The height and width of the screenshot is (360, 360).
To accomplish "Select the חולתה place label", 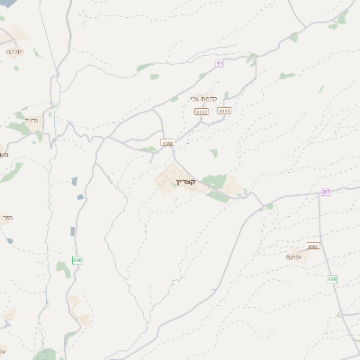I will [x=15, y=52].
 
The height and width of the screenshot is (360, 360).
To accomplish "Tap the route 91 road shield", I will [x=220, y=62].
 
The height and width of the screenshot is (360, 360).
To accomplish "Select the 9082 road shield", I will [x=202, y=111].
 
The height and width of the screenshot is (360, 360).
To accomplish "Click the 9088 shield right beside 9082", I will [x=224, y=111].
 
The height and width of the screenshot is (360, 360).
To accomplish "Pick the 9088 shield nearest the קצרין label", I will [x=166, y=142].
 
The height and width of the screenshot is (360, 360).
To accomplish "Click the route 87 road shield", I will [x=326, y=192].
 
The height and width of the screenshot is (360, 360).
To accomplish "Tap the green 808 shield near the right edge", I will [x=332, y=279].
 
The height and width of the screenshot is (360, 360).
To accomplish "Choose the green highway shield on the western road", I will [x=77, y=260].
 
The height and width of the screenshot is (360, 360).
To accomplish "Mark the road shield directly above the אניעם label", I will [x=313, y=246].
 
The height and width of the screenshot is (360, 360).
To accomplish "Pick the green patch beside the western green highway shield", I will [x=63, y=268].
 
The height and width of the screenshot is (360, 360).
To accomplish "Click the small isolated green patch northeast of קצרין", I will [x=214, y=152].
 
